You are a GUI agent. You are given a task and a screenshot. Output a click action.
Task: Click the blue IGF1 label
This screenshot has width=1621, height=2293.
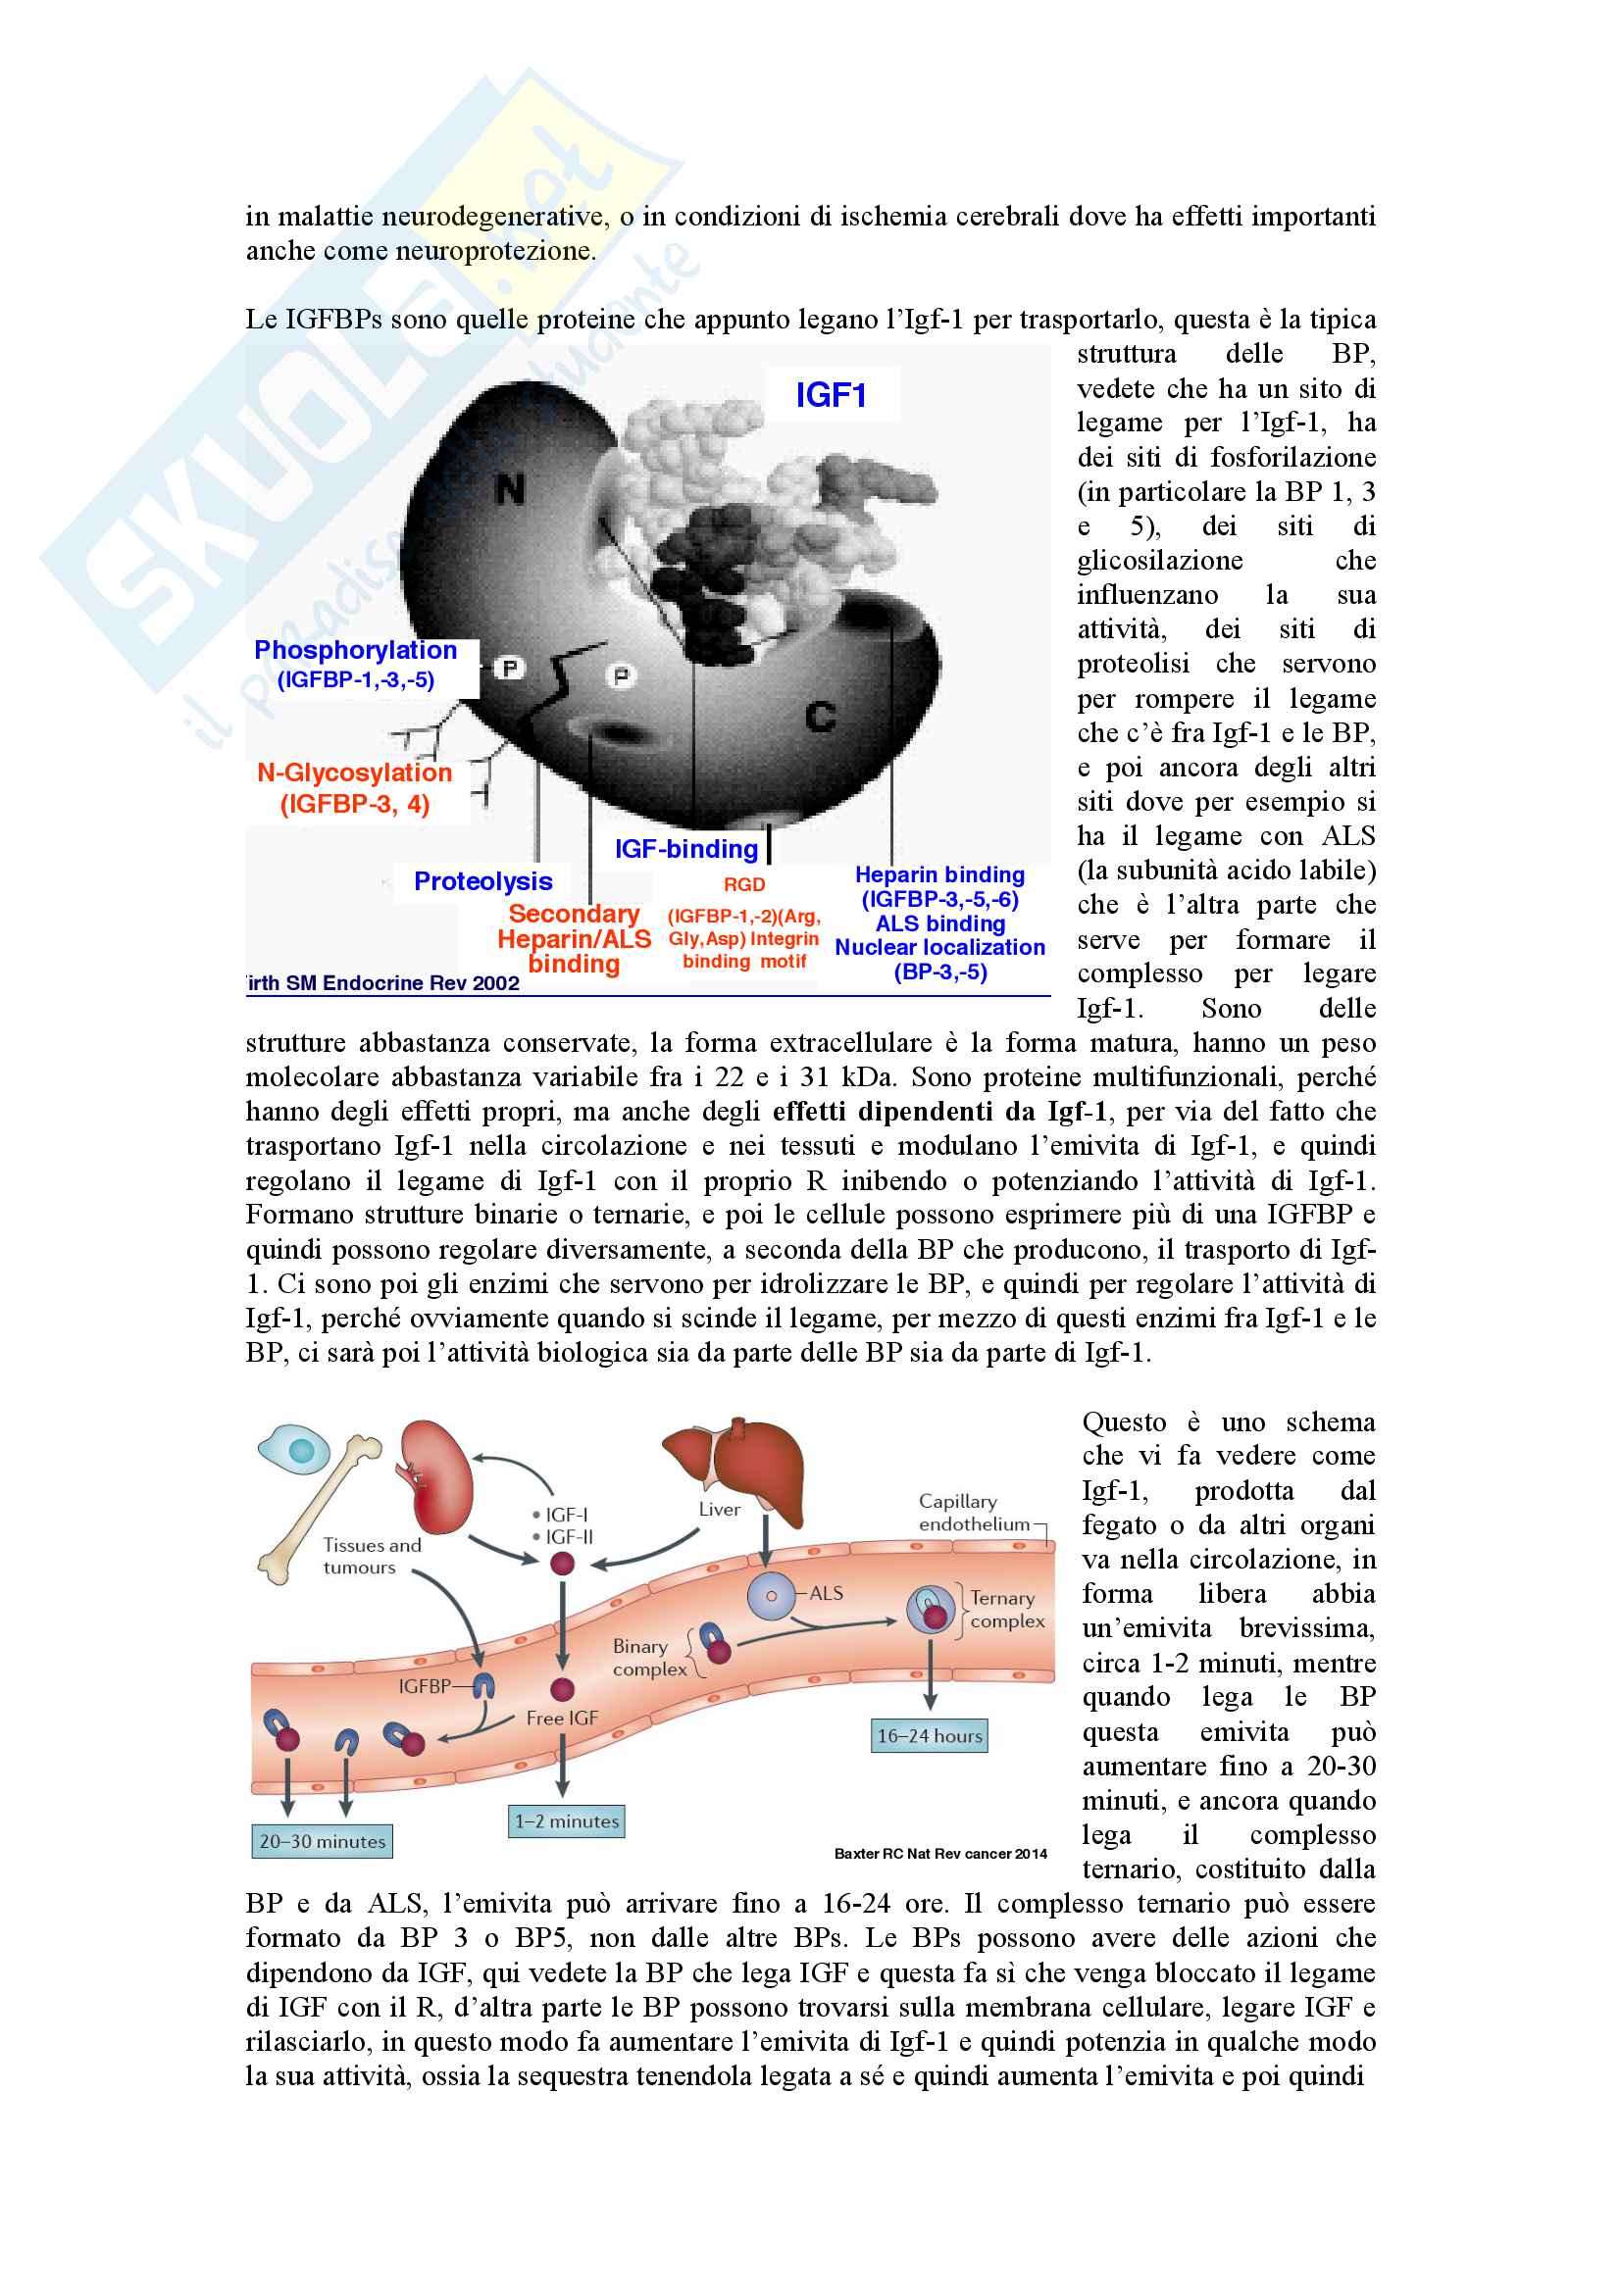(830, 395)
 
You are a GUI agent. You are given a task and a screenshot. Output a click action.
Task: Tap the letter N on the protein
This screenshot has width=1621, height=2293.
(510, 489)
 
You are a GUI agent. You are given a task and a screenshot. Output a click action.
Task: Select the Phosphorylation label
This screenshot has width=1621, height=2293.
(356, 650)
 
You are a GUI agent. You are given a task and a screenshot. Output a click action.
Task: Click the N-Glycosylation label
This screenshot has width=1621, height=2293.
(355, 773)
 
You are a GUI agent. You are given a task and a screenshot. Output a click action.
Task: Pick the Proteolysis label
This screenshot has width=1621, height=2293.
(482, 881)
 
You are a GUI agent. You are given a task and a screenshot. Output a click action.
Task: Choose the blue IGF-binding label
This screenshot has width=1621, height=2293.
(686, 849)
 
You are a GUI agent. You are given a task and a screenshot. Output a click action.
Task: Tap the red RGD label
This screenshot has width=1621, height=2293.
(744, 884)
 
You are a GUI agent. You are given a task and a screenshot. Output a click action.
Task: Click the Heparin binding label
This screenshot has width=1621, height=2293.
(938, 874)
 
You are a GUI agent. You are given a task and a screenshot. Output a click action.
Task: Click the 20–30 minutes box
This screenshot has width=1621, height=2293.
(322, 1841)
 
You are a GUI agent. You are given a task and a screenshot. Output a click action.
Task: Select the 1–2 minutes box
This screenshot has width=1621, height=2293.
(566, 1820)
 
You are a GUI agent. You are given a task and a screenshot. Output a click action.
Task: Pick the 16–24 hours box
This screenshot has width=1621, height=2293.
(929, 1736)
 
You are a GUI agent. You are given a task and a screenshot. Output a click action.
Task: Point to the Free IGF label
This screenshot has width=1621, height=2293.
(562, 1718)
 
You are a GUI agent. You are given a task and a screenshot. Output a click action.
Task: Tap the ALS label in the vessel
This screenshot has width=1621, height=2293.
(826, 1593)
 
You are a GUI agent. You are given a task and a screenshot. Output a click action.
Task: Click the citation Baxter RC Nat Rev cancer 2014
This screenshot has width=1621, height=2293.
(939, 1854)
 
